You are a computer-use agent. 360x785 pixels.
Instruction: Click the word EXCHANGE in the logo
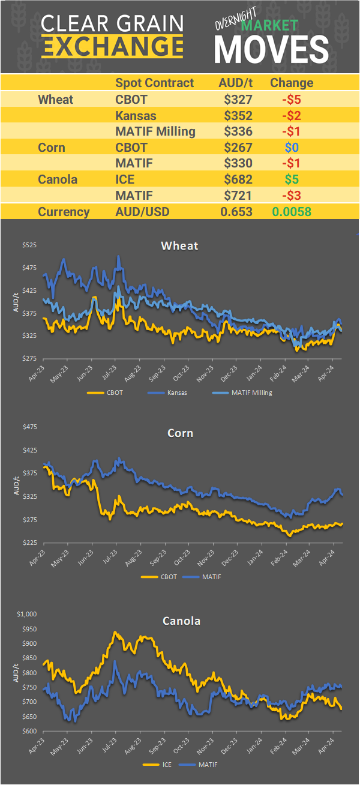click(x=112, y=46)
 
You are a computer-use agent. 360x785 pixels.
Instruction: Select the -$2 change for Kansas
click(x=292, y=115)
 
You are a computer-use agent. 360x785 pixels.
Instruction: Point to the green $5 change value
click(x=292, y=179)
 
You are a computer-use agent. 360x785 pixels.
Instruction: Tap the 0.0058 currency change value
click(x=292, y=211)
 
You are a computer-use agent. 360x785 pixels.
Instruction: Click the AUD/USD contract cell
click(x=143, y=211)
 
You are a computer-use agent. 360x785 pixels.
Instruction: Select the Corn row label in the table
click(x=51, y=147)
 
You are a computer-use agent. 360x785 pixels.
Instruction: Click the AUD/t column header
click(x=236, y=83)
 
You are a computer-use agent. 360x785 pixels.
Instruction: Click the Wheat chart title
click(x=179, y=245)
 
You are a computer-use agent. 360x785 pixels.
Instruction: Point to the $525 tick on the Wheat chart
click(x=29, y=245)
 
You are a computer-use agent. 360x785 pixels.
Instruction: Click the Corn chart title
click(x=179, y=433)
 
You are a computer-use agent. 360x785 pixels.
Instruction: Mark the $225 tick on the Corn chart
click(x=29, y=543)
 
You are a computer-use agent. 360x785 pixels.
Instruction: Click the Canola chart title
click(x=181, y=621)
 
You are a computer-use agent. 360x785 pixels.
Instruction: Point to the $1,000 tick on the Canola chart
click(x=28, y=614)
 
